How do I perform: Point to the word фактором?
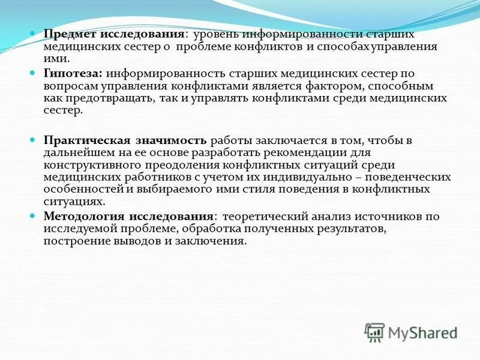[323, 86]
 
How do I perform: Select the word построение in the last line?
[74, 241]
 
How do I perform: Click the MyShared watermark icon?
[375, 331]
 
